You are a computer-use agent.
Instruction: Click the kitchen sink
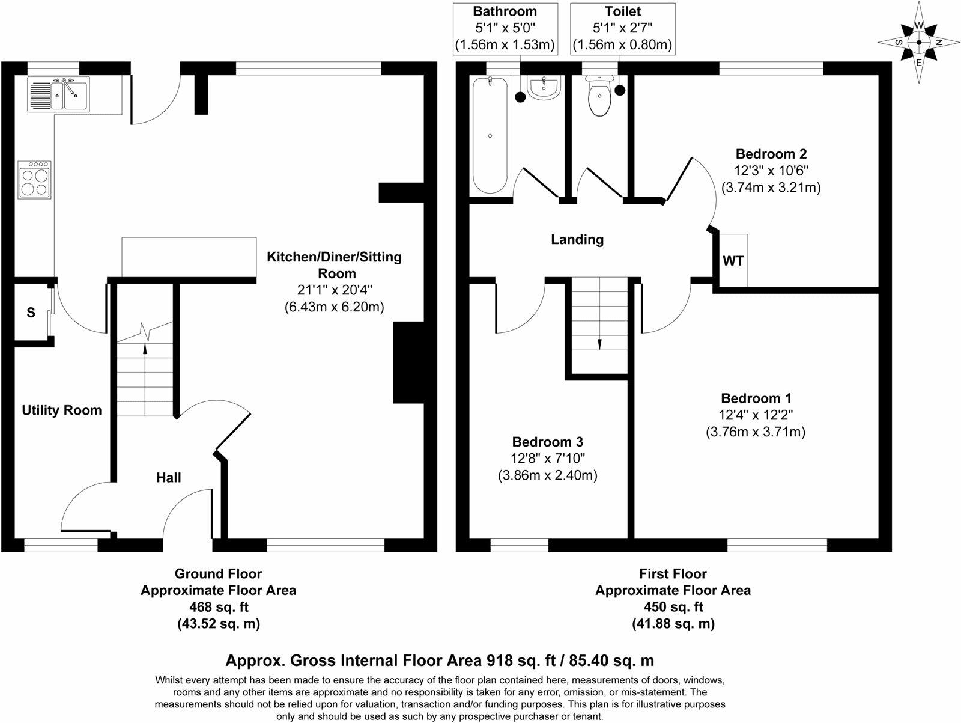(x=58, y=94)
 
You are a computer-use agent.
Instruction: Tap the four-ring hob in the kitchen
(x=35, y=180)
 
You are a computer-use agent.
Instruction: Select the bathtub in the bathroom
(x=490, y=135)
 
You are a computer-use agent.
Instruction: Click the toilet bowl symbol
(x=599, y=96)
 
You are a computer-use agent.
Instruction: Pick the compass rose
(x=918, y=42)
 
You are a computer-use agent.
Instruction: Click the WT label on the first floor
(x=733, y=261)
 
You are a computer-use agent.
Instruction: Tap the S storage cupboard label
(x=31, y=313)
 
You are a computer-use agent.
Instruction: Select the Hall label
(x=169, y=477)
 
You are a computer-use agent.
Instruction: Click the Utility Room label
(x=62, y=410)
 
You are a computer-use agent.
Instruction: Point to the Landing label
(x=577, y=240)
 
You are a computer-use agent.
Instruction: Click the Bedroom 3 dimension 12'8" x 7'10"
(x=548, y=459)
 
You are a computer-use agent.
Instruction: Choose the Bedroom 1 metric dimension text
(x=756, y=432)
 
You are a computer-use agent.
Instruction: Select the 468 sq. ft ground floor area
(x=219, y=607)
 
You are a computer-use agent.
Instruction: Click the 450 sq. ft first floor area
(x=673, y=607)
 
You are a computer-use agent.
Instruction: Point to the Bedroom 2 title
(x=771, y=154)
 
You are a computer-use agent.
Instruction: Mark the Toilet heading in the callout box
(x=623, y=11)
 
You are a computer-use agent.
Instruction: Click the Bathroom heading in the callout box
(x=505, y=11)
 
